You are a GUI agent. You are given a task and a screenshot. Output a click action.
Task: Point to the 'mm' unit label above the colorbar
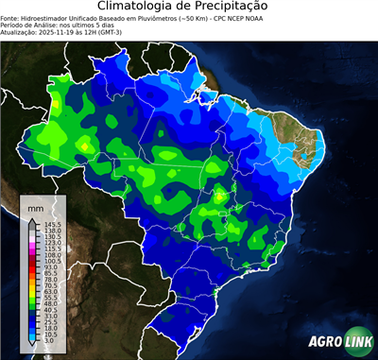(x=36, y=206)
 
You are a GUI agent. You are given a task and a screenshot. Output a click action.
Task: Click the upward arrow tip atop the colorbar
(x=33, y=219)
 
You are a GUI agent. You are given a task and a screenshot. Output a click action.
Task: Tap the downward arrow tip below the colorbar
(x=33, y=346)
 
